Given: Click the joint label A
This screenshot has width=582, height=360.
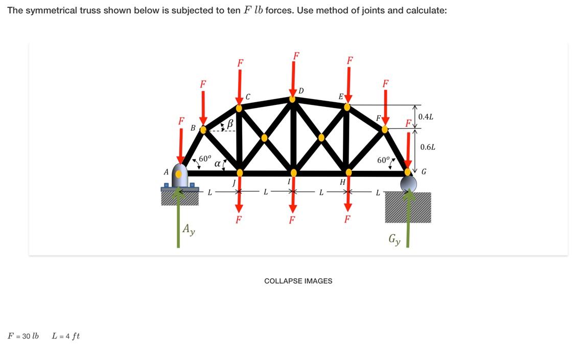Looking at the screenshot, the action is coord(166,172).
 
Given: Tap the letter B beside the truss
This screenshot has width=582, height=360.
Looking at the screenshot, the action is coord(193,128).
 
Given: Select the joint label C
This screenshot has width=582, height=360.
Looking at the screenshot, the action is coord(248,97).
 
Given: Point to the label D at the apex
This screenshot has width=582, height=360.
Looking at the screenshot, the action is coord(301,91).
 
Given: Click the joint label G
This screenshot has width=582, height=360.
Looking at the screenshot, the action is coord(424,172).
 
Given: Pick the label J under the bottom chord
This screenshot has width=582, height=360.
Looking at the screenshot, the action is coord(234,183).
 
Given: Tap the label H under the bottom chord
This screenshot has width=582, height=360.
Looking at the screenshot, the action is coord(342,182).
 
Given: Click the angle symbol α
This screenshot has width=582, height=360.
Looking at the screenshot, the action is coord(217,164).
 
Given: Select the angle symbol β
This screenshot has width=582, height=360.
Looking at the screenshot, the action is coord(230,123).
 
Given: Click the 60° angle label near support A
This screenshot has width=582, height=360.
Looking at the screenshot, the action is coord(204,159).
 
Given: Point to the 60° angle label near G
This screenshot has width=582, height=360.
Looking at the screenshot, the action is coord(383,160).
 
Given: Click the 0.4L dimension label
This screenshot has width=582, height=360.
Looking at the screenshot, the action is coord(426,117).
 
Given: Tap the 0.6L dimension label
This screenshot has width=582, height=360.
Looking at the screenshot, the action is coord(428,147).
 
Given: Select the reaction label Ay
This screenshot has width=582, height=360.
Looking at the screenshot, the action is coord(189,229).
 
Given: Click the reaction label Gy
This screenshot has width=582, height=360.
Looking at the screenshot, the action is coord(394,239).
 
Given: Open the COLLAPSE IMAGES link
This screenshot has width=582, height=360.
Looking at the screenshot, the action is coord(298,281).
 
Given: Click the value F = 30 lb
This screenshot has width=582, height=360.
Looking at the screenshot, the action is coord(23,336).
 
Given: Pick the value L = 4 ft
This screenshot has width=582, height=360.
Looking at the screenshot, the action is coord(66,336).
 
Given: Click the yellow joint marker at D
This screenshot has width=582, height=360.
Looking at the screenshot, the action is coord(292,99).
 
